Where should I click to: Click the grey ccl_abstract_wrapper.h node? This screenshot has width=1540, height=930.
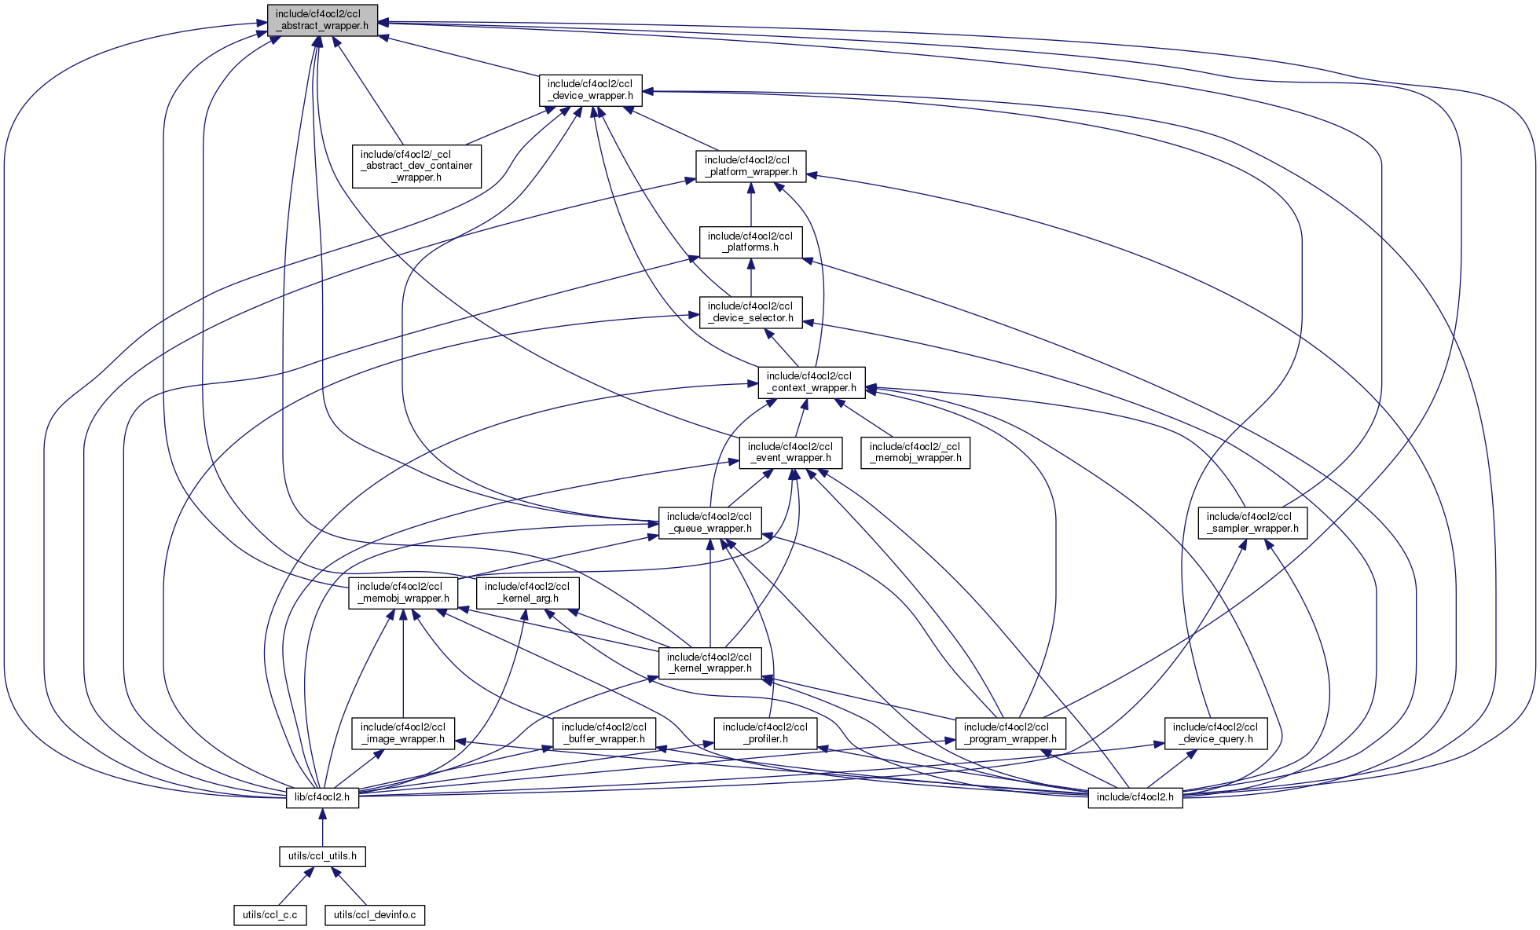322,20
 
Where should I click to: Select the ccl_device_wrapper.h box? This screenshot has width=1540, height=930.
590,90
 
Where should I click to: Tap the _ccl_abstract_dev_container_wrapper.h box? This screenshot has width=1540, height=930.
416,166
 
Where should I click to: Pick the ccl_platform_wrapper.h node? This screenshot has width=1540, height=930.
750,166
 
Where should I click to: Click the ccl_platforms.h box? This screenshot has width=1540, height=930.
750,242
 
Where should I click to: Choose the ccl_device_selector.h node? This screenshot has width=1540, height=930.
750,312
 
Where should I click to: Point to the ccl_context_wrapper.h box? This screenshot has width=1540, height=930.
812,382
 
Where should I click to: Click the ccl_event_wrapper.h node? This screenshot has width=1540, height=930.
790,452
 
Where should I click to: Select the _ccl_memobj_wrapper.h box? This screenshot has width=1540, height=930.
915,452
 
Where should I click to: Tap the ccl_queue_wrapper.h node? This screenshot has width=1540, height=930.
709,522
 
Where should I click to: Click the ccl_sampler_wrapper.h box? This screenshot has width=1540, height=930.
1252,522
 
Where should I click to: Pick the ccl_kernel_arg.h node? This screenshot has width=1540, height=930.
527,592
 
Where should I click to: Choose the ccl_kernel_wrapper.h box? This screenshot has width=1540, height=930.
709,663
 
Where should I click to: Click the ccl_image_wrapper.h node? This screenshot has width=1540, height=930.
403,733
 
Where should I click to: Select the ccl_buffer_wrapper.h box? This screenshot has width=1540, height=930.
604,733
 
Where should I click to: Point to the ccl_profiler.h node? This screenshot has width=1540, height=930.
764,733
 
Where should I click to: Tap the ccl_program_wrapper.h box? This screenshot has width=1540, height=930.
1010,733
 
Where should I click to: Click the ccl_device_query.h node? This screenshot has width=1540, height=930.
1215,733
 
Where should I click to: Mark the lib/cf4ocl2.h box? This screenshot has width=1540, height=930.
322,797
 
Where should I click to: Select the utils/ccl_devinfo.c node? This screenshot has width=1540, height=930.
375,915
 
